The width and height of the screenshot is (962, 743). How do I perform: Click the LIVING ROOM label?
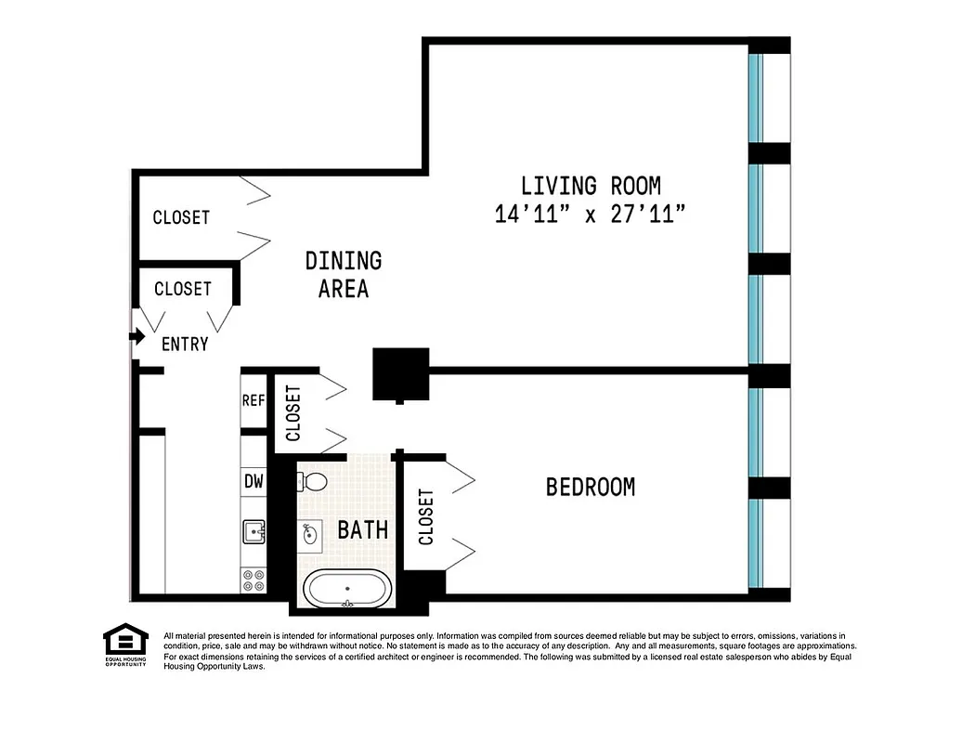(x=591, y=186)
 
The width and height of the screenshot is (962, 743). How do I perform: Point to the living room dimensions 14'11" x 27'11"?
(x=591, y=215)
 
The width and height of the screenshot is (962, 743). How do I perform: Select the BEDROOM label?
(x=591, y=487)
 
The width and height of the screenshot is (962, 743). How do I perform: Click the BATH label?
(x=362, y=530)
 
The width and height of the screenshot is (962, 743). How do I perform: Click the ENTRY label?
(x=185, y=345)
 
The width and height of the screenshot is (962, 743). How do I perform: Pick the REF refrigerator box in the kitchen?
(x=253, y=401)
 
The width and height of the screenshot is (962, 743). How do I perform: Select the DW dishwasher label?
(x=253, y=481)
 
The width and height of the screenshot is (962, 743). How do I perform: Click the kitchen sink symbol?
(x=253, y=531)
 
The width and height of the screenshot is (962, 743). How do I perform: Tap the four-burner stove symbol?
(x=253, y=580)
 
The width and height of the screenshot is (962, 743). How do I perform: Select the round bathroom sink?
(x=310, y=533)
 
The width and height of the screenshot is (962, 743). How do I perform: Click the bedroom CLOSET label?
(x=426, y=517)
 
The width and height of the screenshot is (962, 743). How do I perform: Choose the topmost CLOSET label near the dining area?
(x=181, y=217)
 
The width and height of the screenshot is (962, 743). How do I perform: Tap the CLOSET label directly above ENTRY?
(x=183, y=289)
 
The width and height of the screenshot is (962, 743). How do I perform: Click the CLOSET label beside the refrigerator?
(x=293, y=413)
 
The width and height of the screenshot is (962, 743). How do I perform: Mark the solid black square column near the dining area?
(x=400, y=373)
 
